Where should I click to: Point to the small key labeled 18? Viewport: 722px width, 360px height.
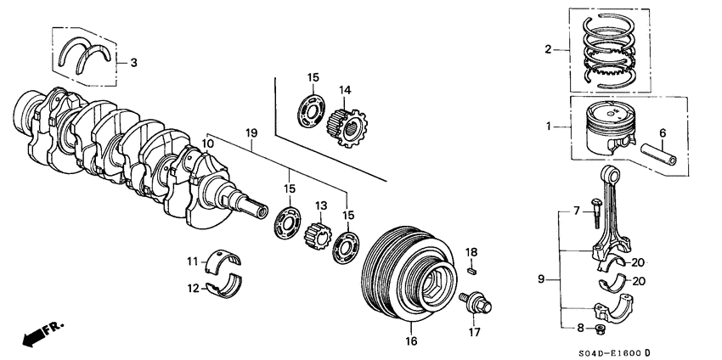click(473, 271)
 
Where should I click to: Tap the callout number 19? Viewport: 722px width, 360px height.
click(251, 132)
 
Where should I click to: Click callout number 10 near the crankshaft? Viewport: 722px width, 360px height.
click(207, 145)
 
